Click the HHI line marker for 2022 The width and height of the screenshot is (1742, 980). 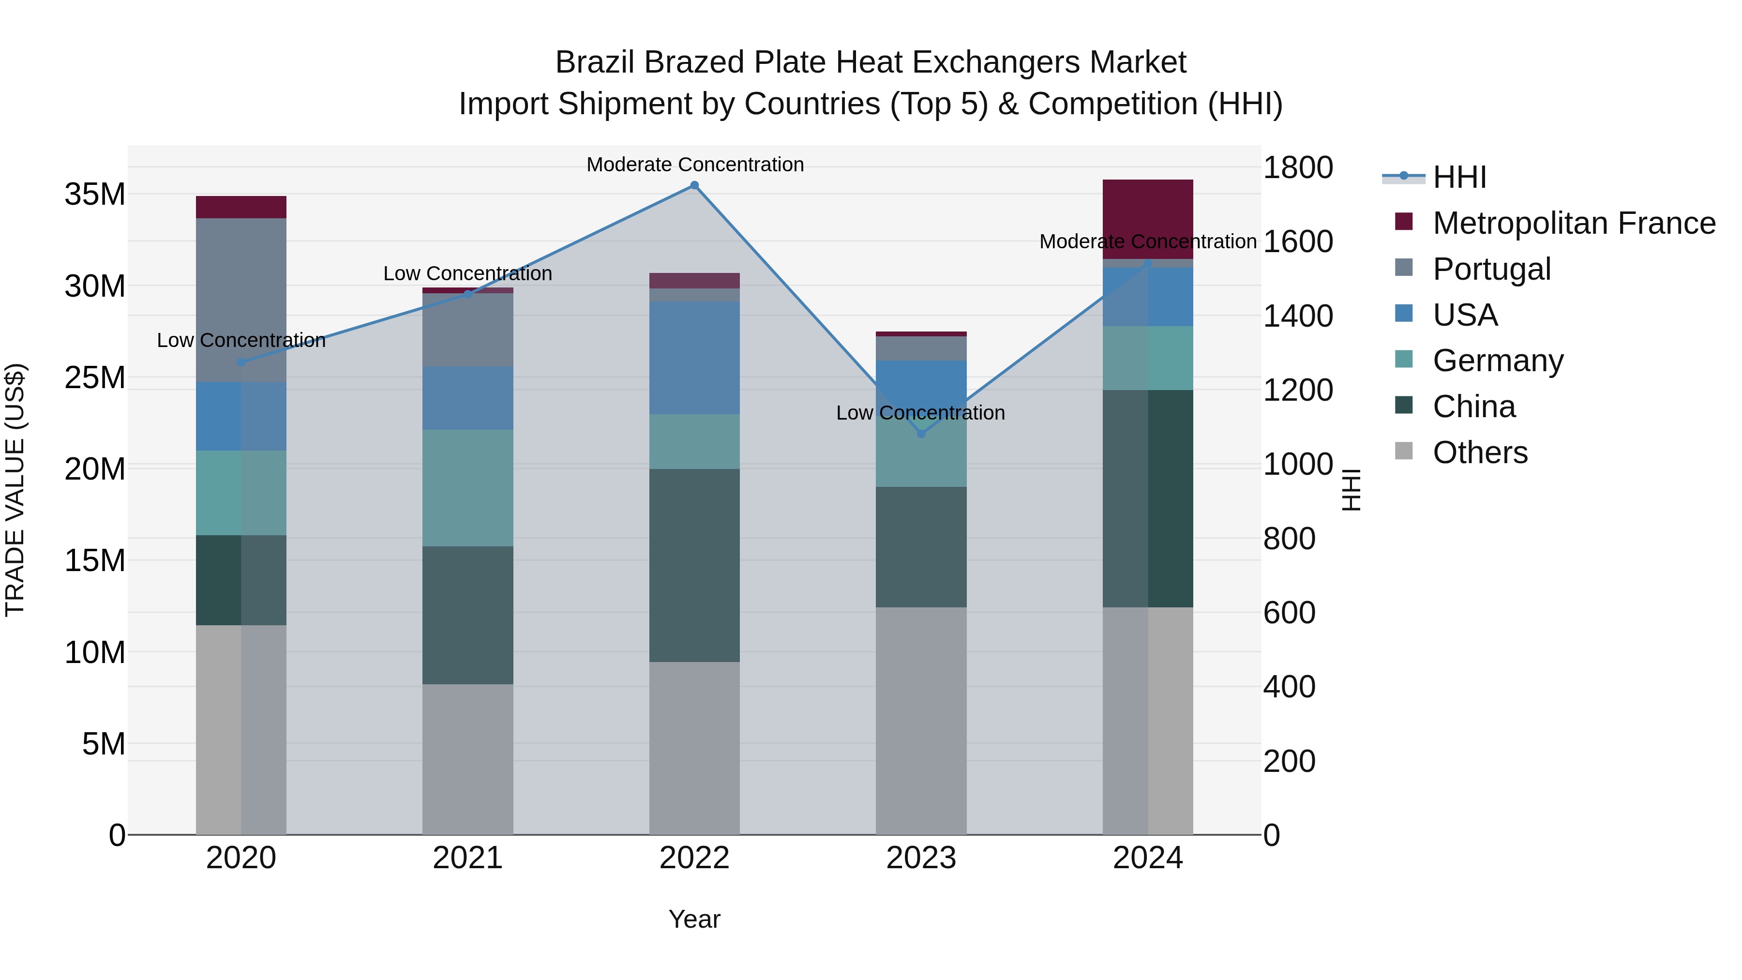(x=694, y=185)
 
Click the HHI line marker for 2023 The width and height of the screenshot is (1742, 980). (x=921, y=434)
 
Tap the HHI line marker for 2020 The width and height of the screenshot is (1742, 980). (x=241, y=362)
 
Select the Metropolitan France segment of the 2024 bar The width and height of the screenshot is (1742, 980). (x=1148, y=218)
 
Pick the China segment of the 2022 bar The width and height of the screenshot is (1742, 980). (x=694, y=565)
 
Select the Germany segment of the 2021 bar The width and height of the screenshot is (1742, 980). (x=467, y=488)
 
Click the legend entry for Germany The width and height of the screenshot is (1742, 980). (x=1497, y=361)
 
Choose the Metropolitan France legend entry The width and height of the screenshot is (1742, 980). (x=1573, y=223)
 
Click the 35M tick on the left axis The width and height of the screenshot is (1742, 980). (x=95, y=195)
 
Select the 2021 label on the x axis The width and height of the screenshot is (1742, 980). (x=467, y=858)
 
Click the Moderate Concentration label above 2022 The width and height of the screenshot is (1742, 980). (x=694, y=165)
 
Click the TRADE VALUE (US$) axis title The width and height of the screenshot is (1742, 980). (x=15, y=490)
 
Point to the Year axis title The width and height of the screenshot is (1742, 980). (x=694, y=919)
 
